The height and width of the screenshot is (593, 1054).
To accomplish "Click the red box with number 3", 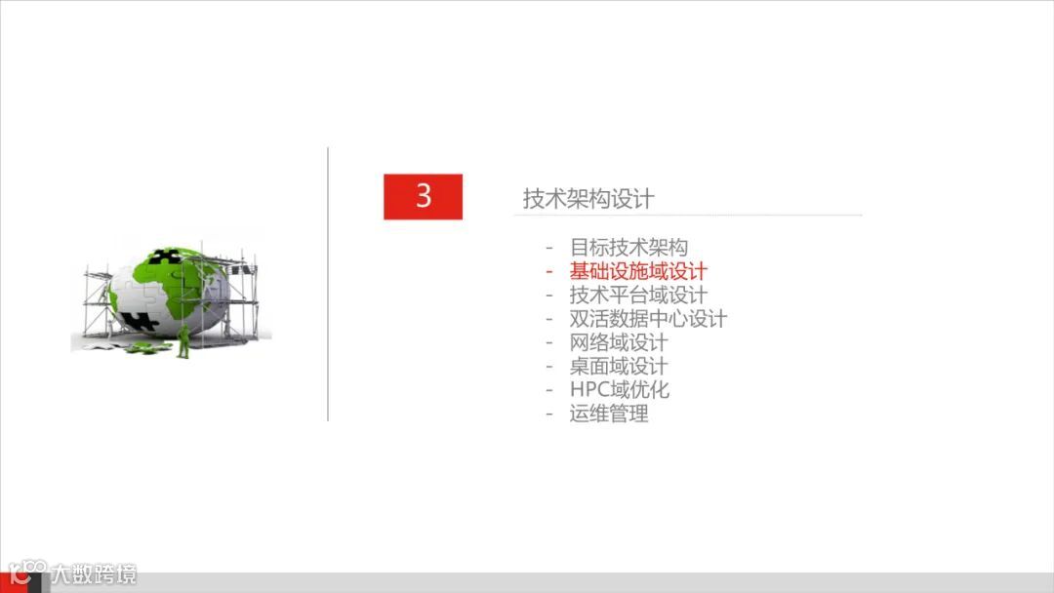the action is tap(423, 196).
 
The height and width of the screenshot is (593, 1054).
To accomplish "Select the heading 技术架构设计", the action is tap(588, 199).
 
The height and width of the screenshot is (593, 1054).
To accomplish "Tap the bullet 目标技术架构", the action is tap(628, 248).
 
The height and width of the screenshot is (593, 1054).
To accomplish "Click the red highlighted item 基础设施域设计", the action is tap(638, 271).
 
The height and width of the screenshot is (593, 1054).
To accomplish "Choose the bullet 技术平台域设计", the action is tap(638, 295).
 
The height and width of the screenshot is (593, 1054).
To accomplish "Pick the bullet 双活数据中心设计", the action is tap(648, 319).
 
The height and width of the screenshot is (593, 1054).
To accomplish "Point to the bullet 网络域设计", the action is tap(619, 342).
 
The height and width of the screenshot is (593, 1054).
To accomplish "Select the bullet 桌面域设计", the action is tap(619, 366).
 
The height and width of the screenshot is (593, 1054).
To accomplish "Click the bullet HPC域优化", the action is tap(620, 389).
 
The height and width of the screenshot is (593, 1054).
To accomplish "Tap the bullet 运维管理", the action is tap(609, 414).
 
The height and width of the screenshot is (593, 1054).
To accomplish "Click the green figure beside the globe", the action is tap(182, 340).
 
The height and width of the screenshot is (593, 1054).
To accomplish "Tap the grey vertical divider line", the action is tap(328, 284).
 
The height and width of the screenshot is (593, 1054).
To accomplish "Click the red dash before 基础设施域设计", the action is tap(549, 272).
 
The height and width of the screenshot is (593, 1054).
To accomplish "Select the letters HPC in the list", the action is tap(590, 389).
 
